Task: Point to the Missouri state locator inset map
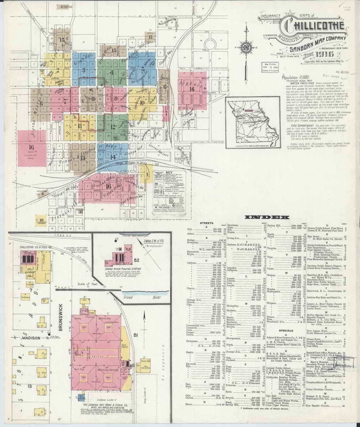click(251, 122)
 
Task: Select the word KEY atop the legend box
click(164, 172)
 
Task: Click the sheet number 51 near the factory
click(136, 334)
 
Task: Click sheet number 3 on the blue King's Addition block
click(83, 69)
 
